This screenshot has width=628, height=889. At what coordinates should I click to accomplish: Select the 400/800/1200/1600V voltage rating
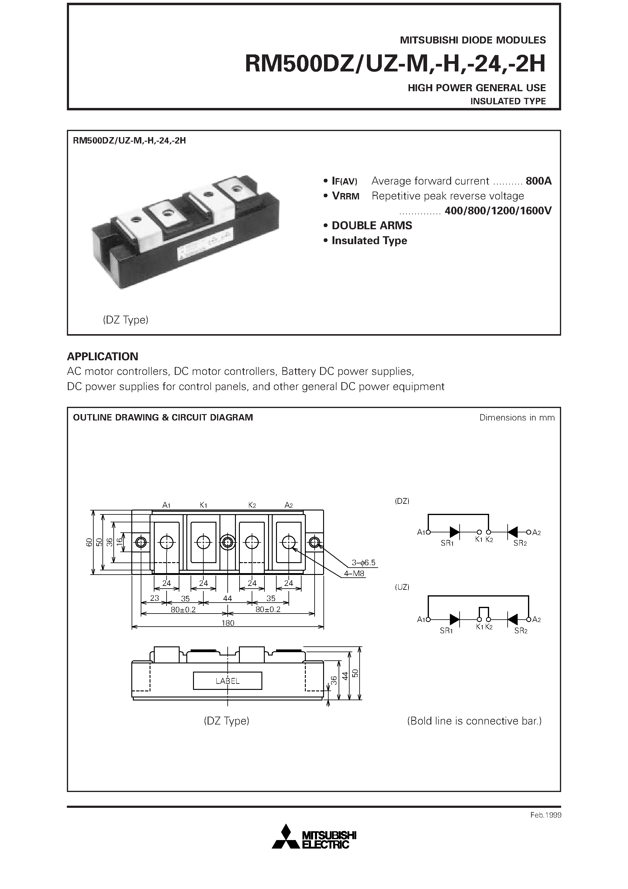pos(498,211)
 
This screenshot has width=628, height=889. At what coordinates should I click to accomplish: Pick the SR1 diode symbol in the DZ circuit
pos(454,532)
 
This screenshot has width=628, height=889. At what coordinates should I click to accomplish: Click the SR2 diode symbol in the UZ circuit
pos(512,620)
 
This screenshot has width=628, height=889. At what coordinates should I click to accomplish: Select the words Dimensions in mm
pos(516,417)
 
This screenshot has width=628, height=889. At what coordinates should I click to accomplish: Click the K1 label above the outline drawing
pos(203,505)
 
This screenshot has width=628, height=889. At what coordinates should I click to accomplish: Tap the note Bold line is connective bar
pos(474,721)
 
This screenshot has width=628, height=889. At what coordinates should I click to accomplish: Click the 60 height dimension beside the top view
pos(89,542)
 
